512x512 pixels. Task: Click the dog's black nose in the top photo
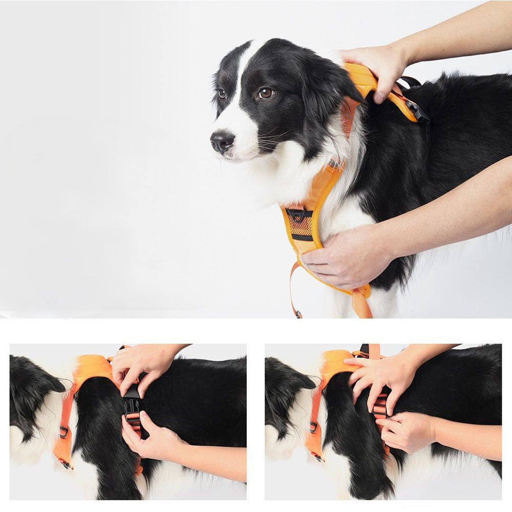222,141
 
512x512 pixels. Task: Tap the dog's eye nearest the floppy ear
265,93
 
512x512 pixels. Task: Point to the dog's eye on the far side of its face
222,94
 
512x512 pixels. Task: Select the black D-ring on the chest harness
297,214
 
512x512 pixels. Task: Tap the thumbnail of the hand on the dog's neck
379,97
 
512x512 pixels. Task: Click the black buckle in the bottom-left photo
132,400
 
